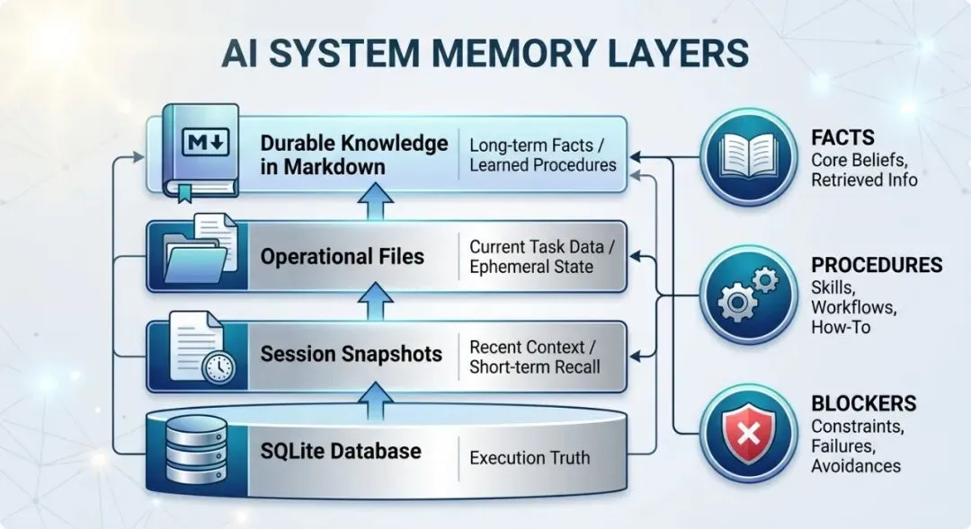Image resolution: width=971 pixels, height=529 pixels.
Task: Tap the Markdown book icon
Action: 200,153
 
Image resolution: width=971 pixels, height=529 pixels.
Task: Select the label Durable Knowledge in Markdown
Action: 353,154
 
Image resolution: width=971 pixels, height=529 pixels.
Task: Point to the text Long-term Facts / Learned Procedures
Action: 542,154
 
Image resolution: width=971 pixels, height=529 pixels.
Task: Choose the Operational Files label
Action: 342,256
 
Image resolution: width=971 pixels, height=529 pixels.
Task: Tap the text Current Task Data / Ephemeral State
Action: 542,256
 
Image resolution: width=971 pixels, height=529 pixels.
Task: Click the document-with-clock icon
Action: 202,348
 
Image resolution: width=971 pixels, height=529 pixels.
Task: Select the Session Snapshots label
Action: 352,354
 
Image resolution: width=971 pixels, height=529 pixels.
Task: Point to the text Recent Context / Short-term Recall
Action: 534,357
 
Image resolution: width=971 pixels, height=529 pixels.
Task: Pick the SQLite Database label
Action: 341,451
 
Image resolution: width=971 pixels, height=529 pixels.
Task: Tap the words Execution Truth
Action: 530,458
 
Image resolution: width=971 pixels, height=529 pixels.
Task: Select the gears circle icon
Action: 749,294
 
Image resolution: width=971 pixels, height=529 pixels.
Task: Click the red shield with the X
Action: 749,433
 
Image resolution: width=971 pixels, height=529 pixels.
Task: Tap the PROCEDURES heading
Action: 877,265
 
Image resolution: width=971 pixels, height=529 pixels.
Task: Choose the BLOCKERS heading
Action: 864,403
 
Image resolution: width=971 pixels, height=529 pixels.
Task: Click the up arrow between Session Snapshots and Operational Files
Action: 376,301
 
